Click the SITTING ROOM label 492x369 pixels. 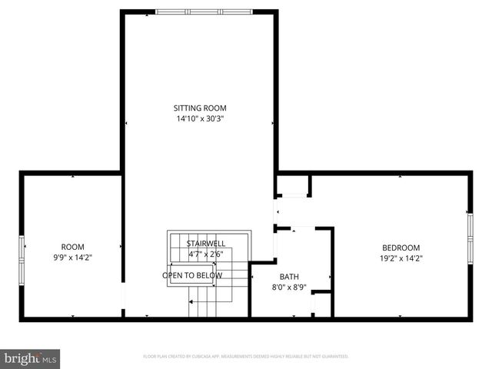click(x=200, y=108)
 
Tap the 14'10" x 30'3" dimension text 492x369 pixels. click(x=200, y=119)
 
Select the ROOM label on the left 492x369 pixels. click(x=72, y=247)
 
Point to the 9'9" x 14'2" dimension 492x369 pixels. click(x=72, y=258)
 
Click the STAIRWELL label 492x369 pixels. click(x=206, y=244)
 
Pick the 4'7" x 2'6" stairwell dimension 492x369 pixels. click(x=206, y=254)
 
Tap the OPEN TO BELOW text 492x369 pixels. click(x=192, y=275)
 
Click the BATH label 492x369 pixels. click(x=289, y=278)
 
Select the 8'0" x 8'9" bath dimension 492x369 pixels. click(x=289, y=288)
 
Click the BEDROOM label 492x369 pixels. click(x=401, y=248)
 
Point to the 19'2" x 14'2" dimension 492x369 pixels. click(x=401, y=258)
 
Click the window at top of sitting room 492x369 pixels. click(x=199, y=12)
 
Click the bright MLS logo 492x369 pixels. click(x=31, y=358)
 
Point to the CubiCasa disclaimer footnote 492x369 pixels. click(x=246, y=357)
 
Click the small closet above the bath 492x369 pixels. click(x=293, y=186)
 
